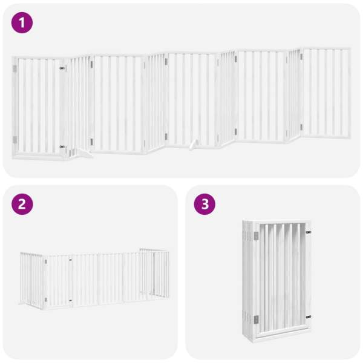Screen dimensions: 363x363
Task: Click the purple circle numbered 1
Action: pyautogui.click(x=22, y=23)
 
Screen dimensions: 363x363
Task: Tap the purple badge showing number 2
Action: pyautogui.click(x=22, y=204)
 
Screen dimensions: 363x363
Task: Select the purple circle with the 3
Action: pyautogui.click(x=204, y=204)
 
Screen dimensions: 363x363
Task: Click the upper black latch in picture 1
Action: pyautogui.click(x=62, y=68)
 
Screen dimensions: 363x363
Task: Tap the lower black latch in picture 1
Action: pyautogui.click(x=62, y=146)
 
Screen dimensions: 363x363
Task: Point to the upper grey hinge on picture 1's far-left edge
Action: pyautogui.click(x=15, y=68)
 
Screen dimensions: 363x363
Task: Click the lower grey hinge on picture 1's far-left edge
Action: pyautogui.click(x=15, y=140)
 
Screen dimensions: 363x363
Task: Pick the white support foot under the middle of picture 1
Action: pyautogui.click(x=194, y=145)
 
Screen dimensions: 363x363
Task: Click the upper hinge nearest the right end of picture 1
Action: pyautogui.click(x=301, y=57)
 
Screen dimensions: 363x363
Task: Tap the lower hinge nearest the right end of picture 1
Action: pyautogui.click(x=301, y=127)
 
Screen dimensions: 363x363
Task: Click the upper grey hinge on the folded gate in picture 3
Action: pyautogui.click(x=256, y=236)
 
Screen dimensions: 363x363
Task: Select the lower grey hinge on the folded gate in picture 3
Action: pyautogui.click(x=256, y=319)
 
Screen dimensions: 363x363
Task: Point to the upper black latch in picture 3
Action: pyautogui.click(x=309, y=232)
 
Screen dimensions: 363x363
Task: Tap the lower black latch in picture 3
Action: pyautogui.click(x=309, y=316)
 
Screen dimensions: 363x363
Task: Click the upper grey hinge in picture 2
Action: pyautogui.click(x=45, y=261)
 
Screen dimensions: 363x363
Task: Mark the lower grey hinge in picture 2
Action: pyautogui.click(x=45, y=299)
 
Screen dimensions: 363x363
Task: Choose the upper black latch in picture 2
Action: pyautogui.click(x=70, y=260)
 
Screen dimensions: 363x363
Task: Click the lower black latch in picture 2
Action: pyautogui.click(x=70, y=301)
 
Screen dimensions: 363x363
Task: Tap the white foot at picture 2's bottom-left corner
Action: pyautogui.click(x=23, y=303)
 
